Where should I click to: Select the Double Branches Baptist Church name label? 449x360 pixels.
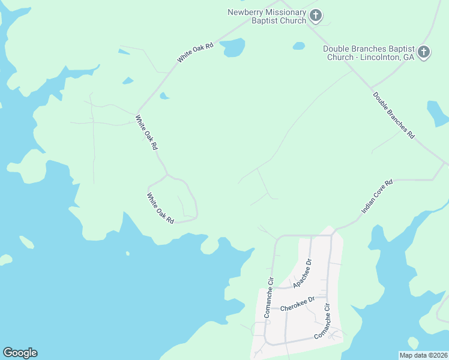(369, 53)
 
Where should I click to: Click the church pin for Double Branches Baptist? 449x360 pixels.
(424, 52)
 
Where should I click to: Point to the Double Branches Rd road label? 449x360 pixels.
(394, 116)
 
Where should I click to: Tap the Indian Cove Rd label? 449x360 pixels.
(377, 197)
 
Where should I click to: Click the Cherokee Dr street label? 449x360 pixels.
(297, 305)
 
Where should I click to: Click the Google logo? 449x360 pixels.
(20, 353)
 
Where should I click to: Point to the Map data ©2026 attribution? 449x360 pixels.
(423, 355)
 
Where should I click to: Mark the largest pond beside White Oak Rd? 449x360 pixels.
(232, 47)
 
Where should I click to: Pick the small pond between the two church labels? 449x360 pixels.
(299, 46)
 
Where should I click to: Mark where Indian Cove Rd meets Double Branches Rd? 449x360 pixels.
(444, 163)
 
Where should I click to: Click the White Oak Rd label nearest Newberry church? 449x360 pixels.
(195, 53)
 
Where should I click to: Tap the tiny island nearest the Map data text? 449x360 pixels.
(413, 343)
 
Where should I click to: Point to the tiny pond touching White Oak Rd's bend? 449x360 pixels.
(164, 96)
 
